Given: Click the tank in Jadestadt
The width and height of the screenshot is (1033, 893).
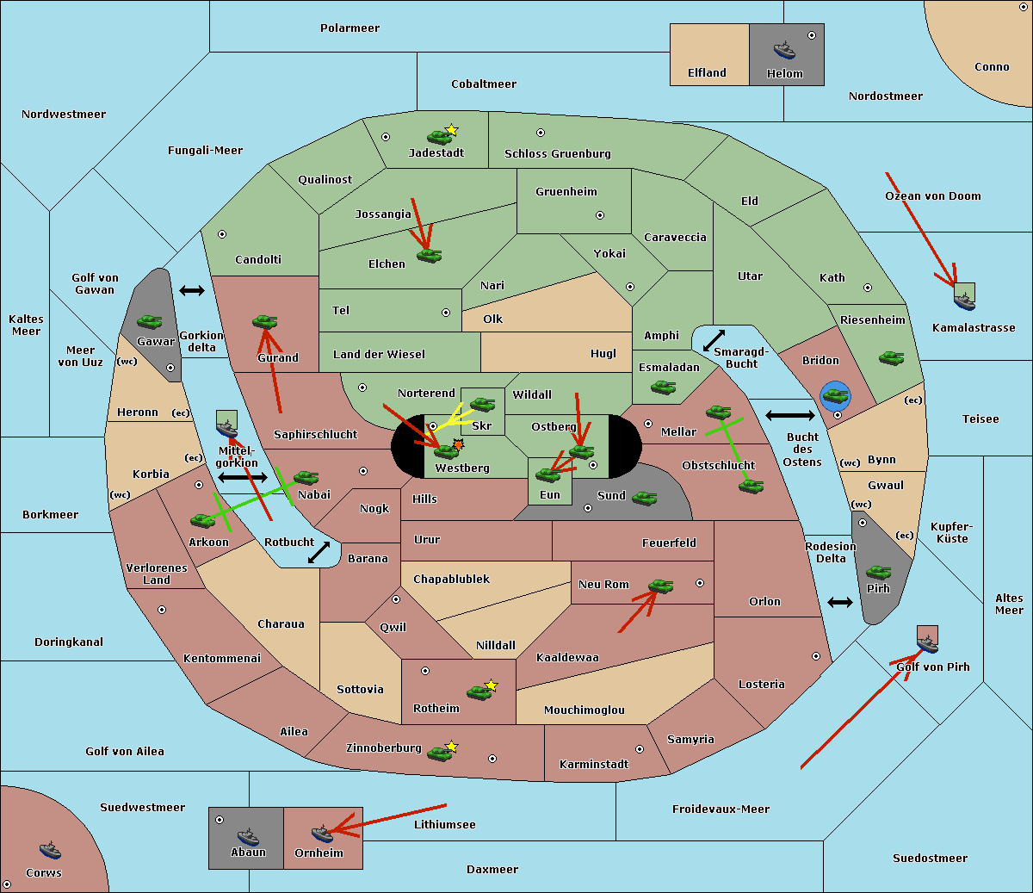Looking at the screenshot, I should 439,136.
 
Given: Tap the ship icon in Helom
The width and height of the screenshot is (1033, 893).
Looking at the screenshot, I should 783,50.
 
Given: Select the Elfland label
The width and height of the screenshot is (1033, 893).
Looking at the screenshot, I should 707,73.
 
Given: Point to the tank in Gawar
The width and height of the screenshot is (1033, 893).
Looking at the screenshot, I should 149,321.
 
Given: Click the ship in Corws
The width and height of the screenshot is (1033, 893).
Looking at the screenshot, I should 50,851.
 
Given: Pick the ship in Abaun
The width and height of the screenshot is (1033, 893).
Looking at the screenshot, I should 248,836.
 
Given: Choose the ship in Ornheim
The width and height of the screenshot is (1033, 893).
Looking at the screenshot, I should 321,834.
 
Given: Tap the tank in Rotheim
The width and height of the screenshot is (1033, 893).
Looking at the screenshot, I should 479,691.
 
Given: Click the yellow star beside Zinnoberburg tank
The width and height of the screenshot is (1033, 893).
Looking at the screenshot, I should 452,747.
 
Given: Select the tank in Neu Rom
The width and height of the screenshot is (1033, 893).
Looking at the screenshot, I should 660,586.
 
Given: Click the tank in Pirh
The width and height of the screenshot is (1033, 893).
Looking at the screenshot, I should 878,572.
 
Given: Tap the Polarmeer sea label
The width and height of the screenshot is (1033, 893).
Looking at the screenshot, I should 349,28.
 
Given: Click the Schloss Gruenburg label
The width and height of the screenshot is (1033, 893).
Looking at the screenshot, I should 557,154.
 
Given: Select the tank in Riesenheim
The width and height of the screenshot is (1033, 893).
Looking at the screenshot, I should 891,357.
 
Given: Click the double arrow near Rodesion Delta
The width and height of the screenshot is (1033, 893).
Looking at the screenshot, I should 840,602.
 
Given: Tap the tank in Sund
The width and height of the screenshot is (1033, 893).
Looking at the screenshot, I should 644,498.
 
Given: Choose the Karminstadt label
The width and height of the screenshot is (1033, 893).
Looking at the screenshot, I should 594,765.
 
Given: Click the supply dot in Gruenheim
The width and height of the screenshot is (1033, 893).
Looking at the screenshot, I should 600,215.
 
